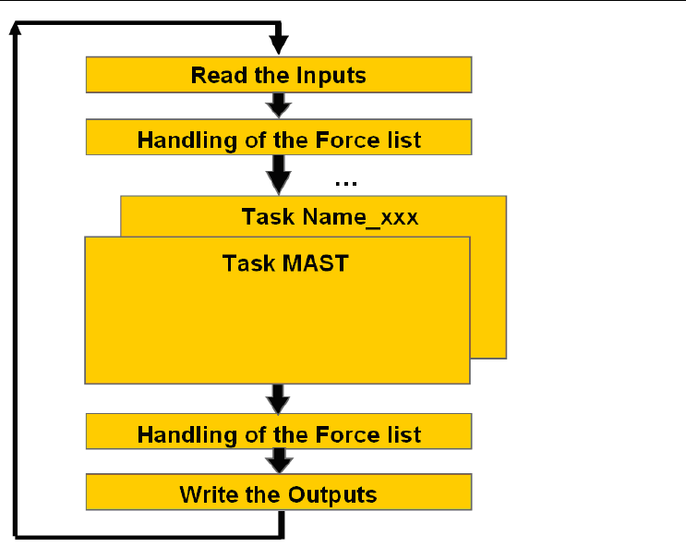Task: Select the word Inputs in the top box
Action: click(x=331, y=76)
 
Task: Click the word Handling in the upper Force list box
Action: click(x=187, y=141)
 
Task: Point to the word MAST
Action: click(x=316, y=263)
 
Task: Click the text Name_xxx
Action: click(x=360, y=217)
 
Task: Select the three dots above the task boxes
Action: click(x=345, y=184)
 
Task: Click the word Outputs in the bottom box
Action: click(x=332, y=495)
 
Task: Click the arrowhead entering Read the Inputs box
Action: click(x=279, y=45)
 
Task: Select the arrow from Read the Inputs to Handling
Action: click(x=279, y=105)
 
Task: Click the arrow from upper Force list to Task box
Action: click(x=279, y=175)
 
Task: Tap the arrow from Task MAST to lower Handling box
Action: click(x=278, y=399)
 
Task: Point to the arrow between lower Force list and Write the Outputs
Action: click(x=279, y=461)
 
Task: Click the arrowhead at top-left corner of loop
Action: click(x=16, y=27)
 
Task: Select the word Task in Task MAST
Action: click(x=249, y=263)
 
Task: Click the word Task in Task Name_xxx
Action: click(x=269, y=217)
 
